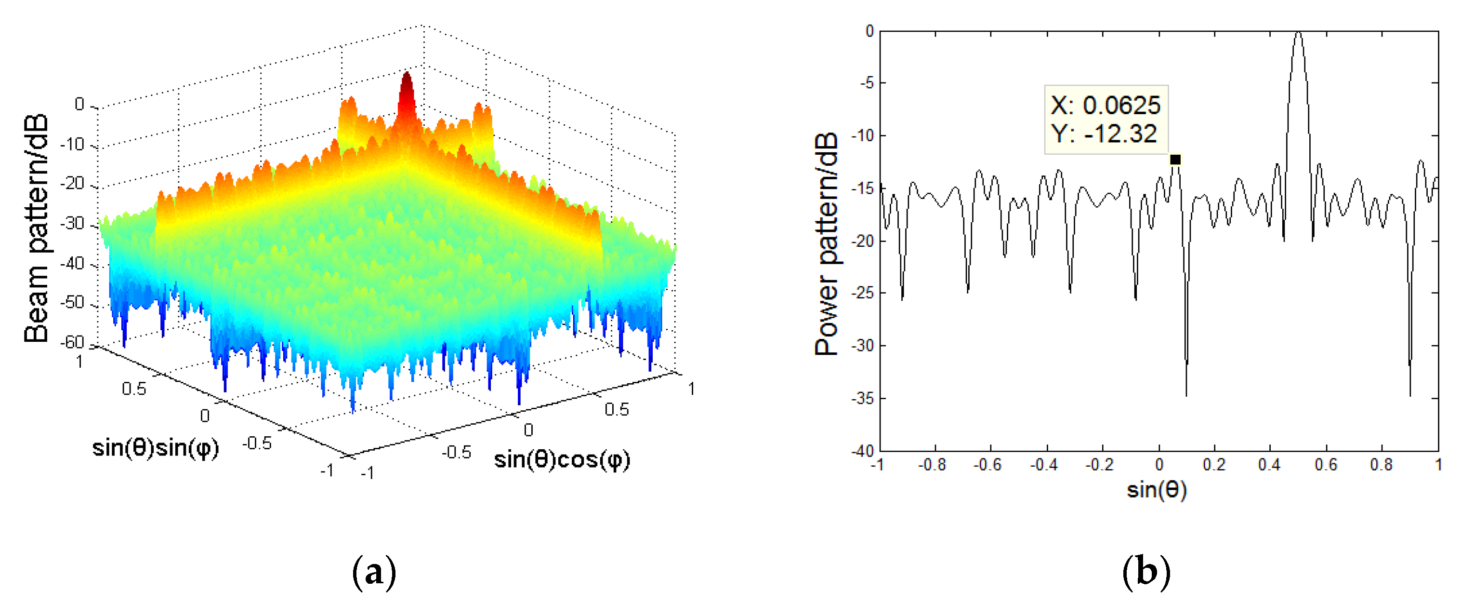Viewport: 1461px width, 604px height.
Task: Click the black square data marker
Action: (x=1175, y=160)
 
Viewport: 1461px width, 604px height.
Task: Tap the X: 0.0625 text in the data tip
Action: (x=1105, y=106)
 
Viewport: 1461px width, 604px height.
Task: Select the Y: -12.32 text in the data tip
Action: (x=1103, y=134)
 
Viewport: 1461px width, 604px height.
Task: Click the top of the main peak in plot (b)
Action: (x=1298, y=34)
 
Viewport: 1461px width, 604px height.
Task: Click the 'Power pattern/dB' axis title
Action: (x=826, y=244)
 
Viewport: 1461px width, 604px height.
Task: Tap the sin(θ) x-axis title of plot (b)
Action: (x=1157, y=489)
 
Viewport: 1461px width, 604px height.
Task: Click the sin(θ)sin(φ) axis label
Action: (x=156, y=448)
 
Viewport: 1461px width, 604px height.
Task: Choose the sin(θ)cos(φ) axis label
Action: (x=562, y=460)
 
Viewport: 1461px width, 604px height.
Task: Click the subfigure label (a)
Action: (x=374, y=572)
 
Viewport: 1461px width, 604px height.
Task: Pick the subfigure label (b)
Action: (x=1146, y=572)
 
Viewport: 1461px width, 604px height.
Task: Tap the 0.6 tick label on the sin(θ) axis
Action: (x=1326, y=465)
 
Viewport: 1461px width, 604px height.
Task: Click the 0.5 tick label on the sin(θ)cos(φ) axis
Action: (x=617, y=409)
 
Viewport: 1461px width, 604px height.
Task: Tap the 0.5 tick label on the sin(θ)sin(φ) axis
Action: (x=134, y=389)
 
